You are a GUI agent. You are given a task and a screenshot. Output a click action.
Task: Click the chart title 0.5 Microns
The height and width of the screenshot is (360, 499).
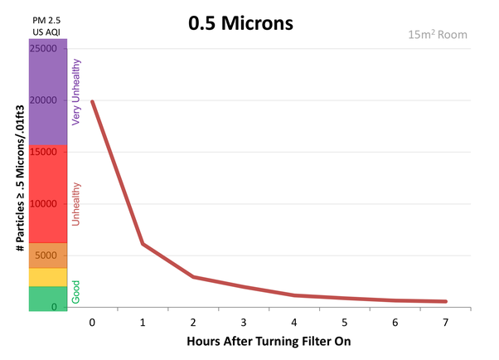(240, 23)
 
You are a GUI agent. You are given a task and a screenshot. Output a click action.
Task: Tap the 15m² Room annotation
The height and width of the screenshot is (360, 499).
(438, 35)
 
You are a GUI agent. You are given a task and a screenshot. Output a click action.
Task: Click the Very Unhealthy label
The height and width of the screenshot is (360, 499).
(77, 91)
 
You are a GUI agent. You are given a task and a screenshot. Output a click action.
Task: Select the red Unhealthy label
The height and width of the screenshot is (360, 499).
(77, 206)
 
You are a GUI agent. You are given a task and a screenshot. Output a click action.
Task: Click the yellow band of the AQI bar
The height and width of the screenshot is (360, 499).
(48, 277)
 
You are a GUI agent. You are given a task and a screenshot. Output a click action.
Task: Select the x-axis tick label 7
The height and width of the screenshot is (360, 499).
(446, 321)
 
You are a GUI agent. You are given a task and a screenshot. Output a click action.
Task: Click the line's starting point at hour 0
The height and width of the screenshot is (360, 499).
(92, 101)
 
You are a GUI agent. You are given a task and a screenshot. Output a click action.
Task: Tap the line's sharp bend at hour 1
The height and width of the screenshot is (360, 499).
(143, 244)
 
